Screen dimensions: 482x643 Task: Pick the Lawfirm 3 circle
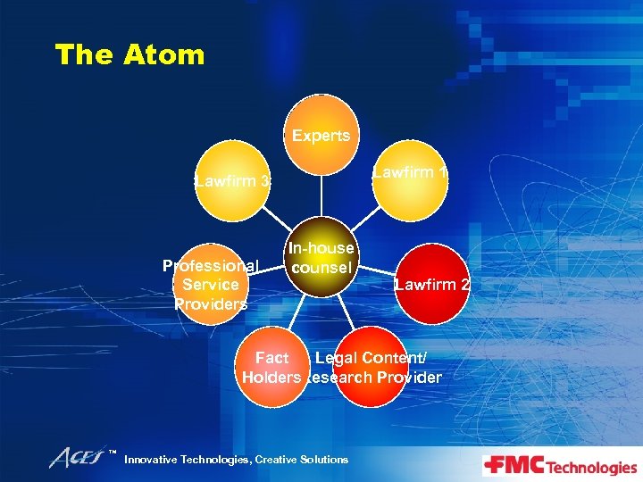coord(231,182)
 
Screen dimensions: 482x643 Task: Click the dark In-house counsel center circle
coord(321,256)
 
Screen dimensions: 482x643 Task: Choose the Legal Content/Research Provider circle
coord(371,368)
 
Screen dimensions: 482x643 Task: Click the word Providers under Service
coord(211,303)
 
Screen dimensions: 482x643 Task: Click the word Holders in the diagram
coord(271,378)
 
